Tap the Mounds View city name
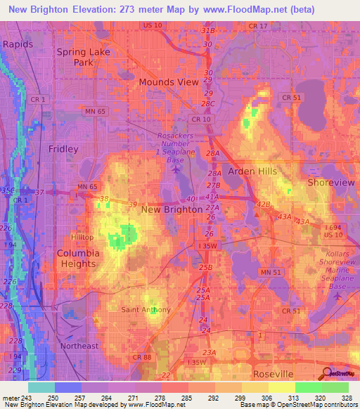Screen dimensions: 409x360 168,82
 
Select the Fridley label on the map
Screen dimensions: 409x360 63,149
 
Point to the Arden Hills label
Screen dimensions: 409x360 252,171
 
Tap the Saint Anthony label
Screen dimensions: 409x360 146,310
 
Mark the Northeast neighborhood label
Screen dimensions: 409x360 79,346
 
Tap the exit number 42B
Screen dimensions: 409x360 263,204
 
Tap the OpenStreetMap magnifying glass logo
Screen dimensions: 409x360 328,374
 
